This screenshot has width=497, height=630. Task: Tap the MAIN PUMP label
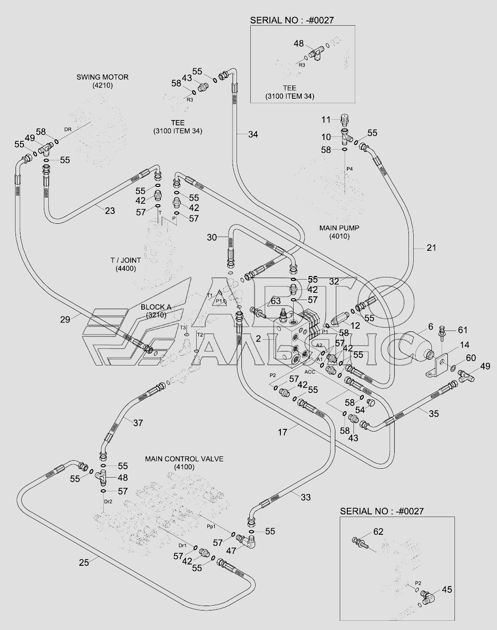pos(339,228)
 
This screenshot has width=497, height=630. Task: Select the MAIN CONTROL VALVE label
pos(184,459)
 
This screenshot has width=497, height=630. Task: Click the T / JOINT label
pos(126,261)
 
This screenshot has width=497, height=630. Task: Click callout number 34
pos(252,134)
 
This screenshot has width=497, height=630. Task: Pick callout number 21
pos(431,248)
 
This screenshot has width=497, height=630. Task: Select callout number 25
pos(84,562)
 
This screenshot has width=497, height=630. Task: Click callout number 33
pos(306,497)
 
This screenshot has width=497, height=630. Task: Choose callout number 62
pos(378,532)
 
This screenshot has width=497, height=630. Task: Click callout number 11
pos(326,119)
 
